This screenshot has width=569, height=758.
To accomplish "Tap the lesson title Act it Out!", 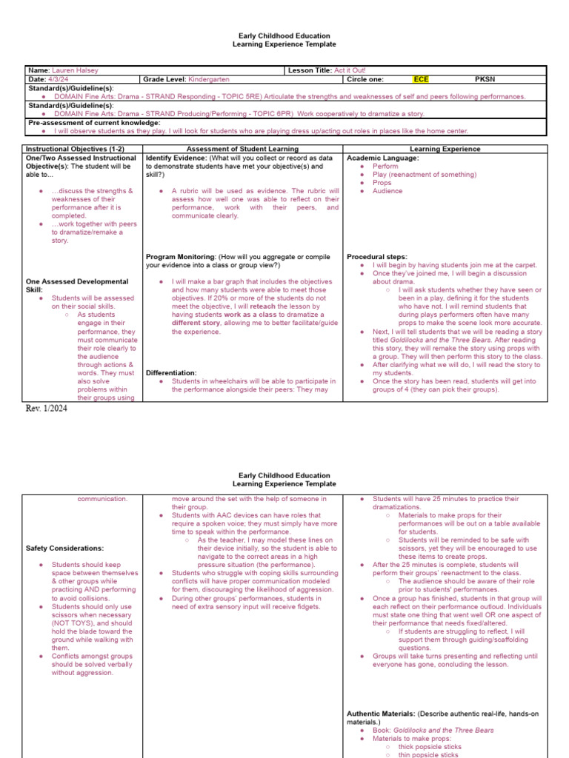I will [x=350, y=70].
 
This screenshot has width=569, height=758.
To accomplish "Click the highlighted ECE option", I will [x=421, y=78].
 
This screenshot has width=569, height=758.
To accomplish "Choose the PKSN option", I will [x=484, y=78].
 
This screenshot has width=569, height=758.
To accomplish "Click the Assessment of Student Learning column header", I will [x=243, y=149].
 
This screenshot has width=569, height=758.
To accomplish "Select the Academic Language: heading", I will [x=382, y=158].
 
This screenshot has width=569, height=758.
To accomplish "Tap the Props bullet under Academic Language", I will [x=382, y=183].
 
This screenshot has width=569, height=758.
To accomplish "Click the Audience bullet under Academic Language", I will [x=387, y=191].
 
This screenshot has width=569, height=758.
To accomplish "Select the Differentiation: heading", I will [x=171, y=373].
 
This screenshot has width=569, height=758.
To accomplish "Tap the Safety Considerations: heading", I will [x=64, y=549].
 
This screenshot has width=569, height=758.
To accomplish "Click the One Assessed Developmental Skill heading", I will [x=77, y=286].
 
